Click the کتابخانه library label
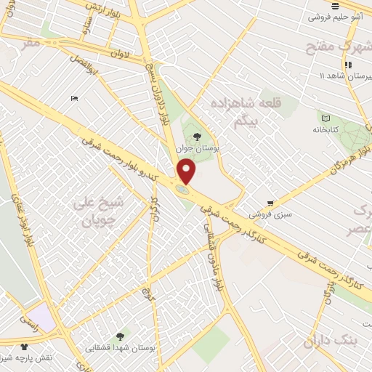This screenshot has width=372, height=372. [x=327, y=129]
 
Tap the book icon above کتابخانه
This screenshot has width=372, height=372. [x=325, y=118]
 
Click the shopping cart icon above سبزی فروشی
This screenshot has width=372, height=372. [x=270, y=203]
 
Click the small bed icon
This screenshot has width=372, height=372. [x=74, y=98]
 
